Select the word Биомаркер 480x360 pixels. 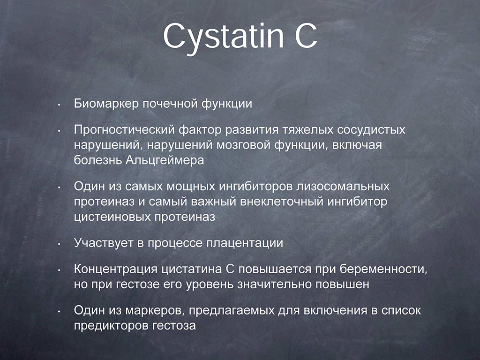106,104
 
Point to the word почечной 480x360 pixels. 170,104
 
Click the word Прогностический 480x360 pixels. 124,130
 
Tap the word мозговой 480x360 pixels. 243,145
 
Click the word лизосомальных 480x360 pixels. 343,187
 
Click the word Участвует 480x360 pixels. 104,243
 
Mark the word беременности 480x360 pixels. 383,270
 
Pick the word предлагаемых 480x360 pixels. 232,311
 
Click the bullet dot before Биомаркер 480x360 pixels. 59,105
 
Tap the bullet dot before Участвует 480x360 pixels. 59,244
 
